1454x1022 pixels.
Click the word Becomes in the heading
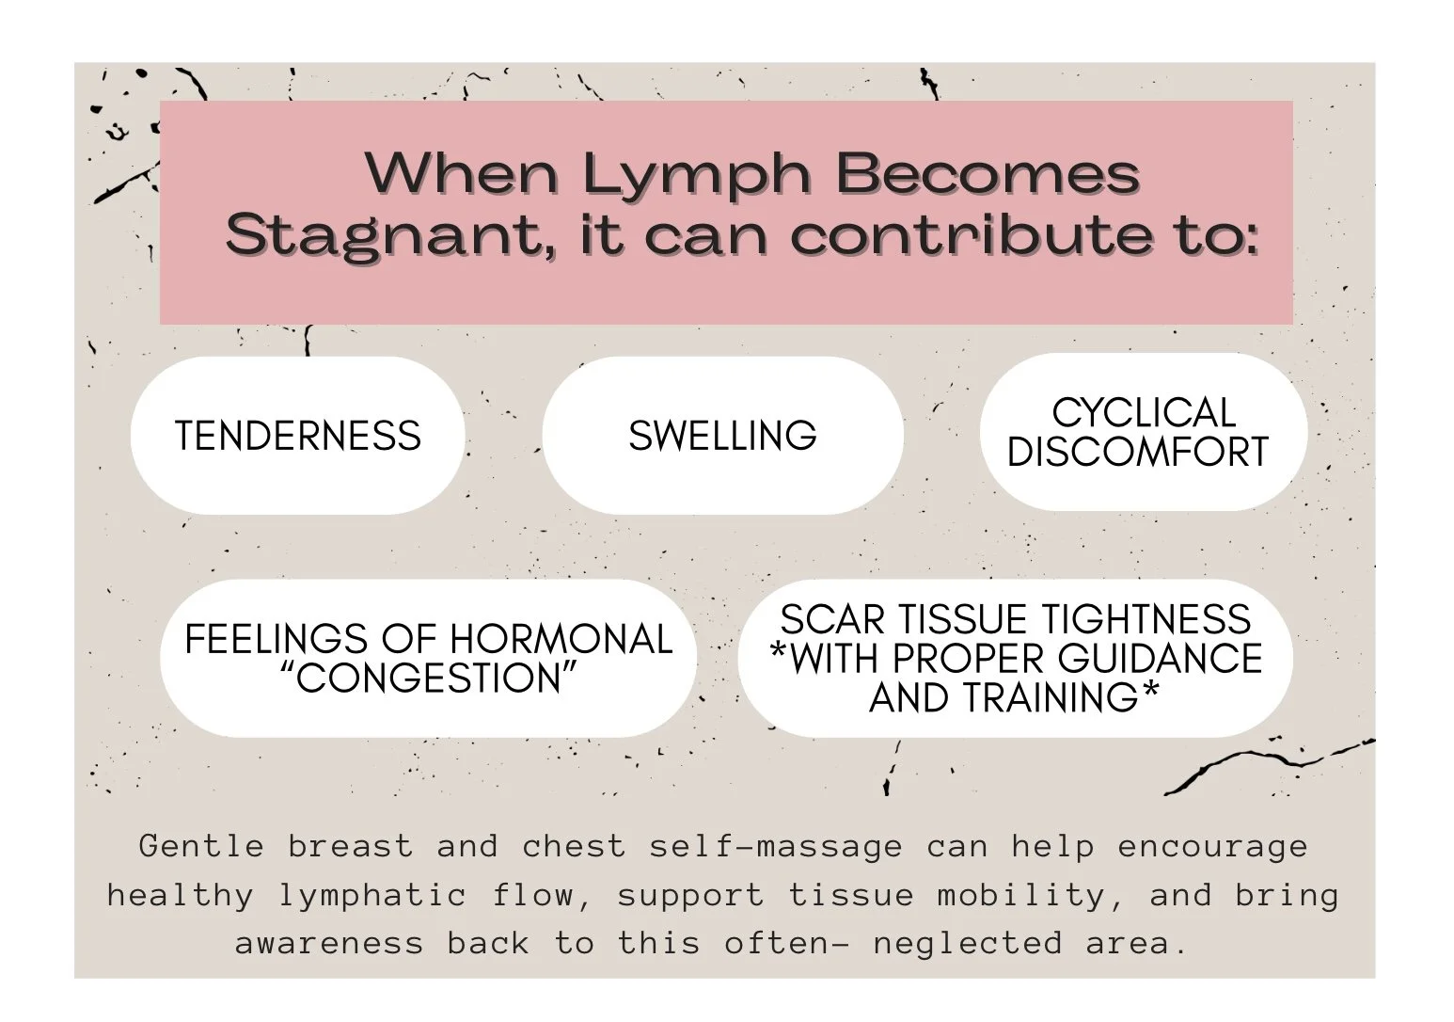click(988, 174)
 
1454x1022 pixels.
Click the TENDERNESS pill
click(297, 436)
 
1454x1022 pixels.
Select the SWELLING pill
click(722, 436)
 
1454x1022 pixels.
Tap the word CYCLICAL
click(1143, 413)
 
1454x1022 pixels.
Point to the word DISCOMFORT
click(1138, 453)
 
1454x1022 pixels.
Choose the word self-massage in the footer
click(775, 846)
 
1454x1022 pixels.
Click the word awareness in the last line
click(329, 943)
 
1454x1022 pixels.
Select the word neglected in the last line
click(968, 943)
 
